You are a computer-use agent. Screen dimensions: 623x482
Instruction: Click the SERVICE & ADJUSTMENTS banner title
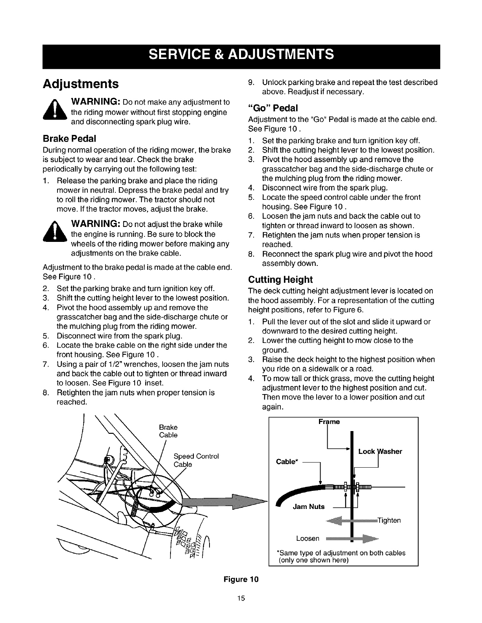(x=241, y=54)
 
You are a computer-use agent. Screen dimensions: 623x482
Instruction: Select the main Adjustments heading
(x=81, y=84)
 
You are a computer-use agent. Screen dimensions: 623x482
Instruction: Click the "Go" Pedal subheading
(x=273, y=108)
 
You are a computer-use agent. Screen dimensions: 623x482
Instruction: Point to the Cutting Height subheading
(x=280, y=280)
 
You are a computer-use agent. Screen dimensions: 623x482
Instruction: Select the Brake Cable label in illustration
(x=168, y=431)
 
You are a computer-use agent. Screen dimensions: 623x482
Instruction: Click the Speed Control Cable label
(x=196, y=460)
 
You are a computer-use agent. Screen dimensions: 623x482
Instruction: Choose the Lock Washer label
(x=380, y=452)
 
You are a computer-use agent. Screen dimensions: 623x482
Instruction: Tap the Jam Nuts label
(x=309, y=507)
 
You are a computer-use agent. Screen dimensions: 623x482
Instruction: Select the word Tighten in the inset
(x=389, y=520)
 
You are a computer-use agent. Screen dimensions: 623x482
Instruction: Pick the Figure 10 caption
(x=241, y=579)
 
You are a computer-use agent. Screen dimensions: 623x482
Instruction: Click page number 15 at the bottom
(x=241, y=599)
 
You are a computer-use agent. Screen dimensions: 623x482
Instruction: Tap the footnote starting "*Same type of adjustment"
(x=342, y=556)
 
